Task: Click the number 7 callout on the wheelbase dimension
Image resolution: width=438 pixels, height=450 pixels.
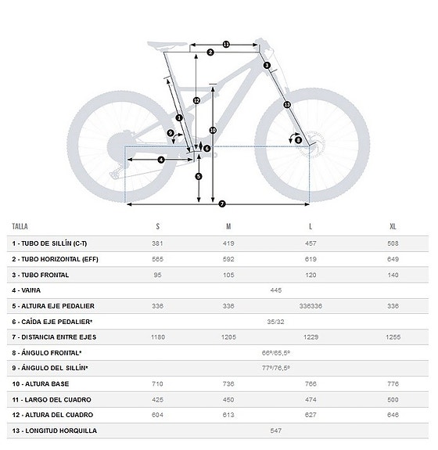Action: (x=222, y=204)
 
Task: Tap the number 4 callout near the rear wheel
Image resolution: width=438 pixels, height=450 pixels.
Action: (x=160, y=160)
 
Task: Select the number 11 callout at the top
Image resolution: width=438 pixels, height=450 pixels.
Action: (x=226, y=44)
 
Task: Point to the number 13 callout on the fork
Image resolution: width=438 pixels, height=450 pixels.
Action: (x=286, y=104)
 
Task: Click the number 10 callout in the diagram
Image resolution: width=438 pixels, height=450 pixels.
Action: (x=213, y=130)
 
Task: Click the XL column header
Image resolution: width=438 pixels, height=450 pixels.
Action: (x=392, y=226)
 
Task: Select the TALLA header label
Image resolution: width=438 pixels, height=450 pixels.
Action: (x=20, y=226)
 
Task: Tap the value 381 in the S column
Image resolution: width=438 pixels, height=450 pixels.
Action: (x=157, y=243)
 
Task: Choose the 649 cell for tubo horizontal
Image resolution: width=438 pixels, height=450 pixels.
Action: (x=392, y=259)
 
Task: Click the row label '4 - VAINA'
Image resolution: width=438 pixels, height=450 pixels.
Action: (x=27, y=290)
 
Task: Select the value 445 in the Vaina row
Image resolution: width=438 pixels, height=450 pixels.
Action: (x=275, y=290)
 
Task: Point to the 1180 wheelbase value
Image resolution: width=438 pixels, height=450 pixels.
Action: (x=157, y=337)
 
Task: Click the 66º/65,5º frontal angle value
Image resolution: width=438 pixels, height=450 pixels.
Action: (x=275, y=352)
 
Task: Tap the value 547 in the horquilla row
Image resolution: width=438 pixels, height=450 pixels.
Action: (x=275, y=430)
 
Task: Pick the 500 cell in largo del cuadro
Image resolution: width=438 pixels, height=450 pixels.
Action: (x=392, y=399)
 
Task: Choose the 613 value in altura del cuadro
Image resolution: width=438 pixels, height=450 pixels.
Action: (x=228, y=415)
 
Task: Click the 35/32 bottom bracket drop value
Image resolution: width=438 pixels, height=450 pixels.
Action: (x=275, y=321)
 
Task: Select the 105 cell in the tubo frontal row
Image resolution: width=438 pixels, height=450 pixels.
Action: (x=228, y=275)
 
